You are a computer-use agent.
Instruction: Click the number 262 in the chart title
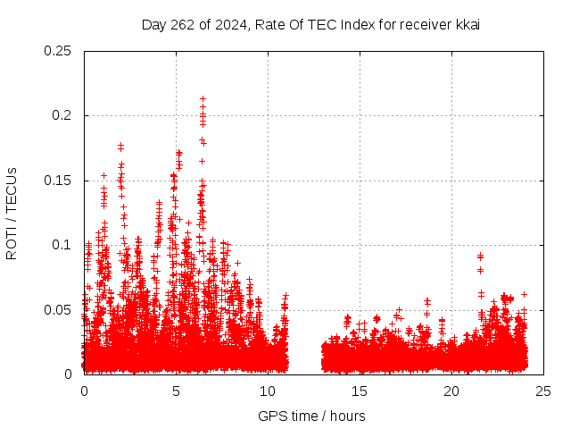click(182, 24)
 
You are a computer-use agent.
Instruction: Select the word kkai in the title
click(468, 24)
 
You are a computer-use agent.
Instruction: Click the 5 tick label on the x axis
click(176, 391)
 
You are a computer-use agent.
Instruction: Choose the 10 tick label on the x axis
click(268, 391)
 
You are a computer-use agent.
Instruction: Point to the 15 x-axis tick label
click(360, 391)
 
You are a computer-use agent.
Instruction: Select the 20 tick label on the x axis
click(451, 391)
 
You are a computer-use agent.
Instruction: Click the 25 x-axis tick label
click(543, 391)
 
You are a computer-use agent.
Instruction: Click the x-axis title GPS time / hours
click(311, 416)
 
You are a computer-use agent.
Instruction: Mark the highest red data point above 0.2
click(203, 99)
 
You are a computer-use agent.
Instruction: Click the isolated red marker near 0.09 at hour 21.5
click(480, 257)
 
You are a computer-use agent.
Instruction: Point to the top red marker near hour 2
click(120, 145)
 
